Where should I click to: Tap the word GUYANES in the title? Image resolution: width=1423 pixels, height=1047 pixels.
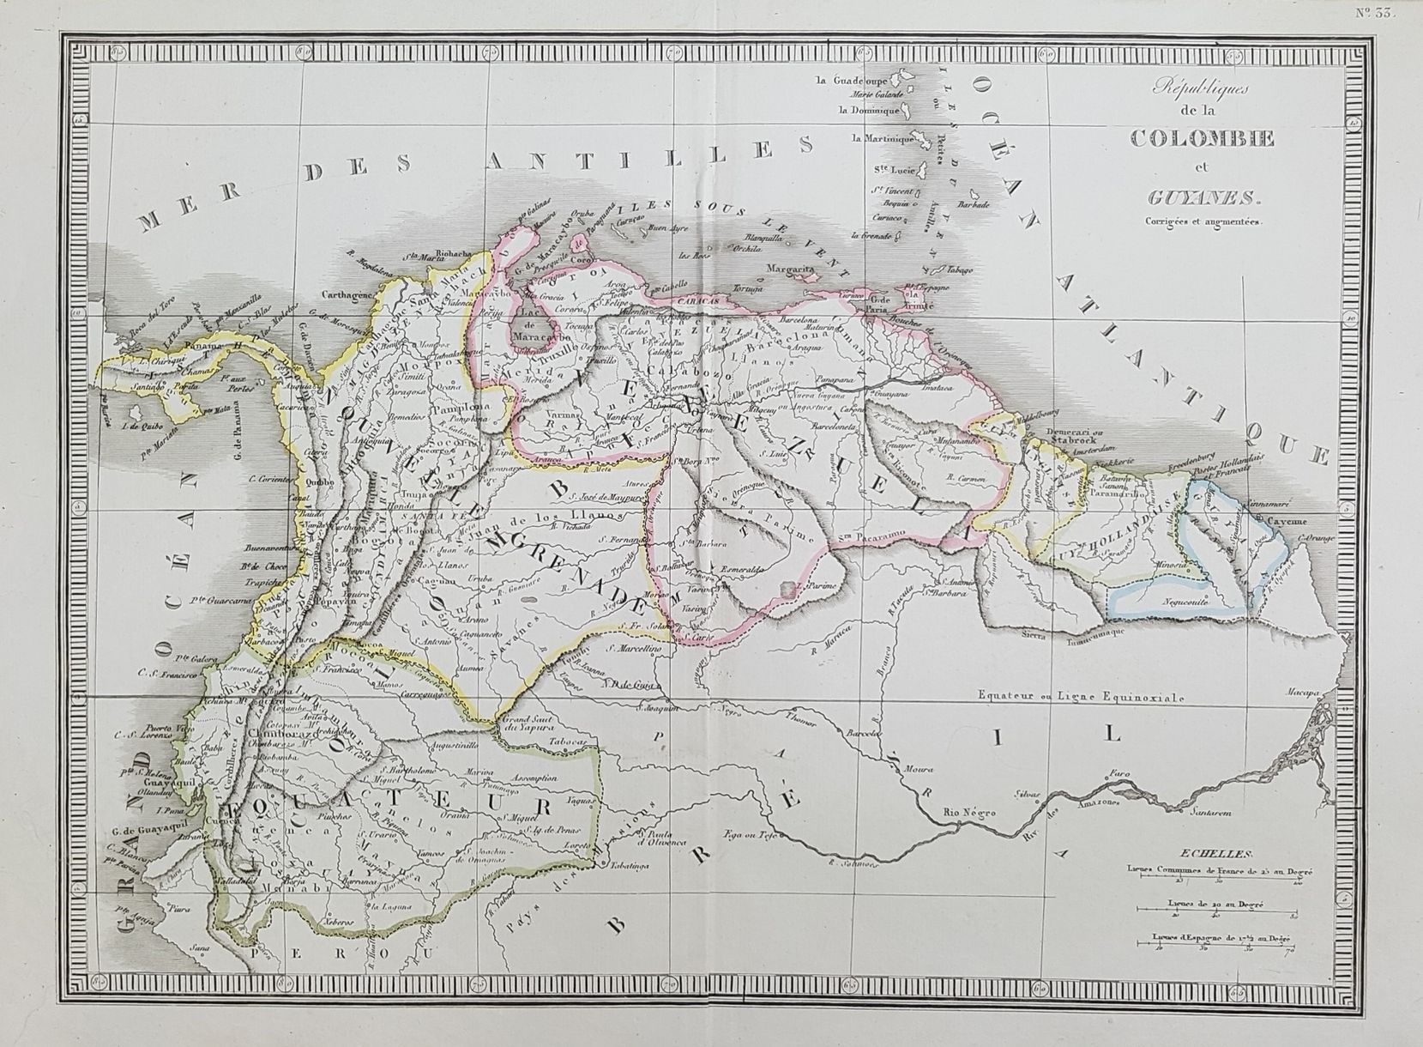pyautogui.click(x=1195, y=200)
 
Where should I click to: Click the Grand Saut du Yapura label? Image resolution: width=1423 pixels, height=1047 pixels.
pyautogui.click(x=525, y=723)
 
